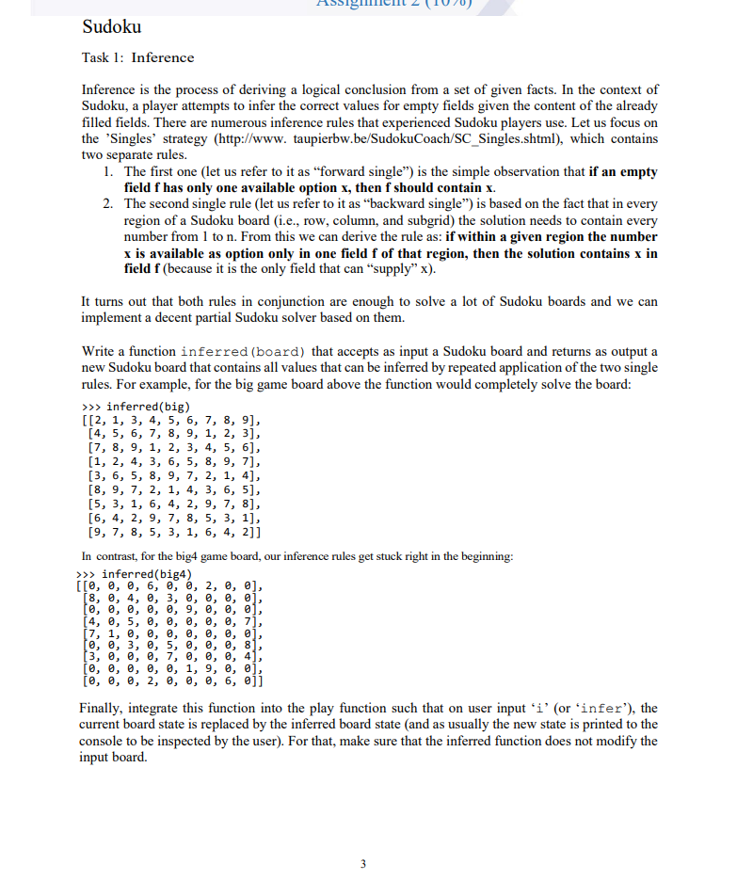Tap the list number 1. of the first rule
(108, 172)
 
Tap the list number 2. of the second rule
(108, 204)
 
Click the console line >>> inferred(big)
(125, 406)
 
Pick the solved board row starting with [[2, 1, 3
(169, 420)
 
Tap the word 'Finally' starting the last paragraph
(104, 708)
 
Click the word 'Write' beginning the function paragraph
(99, 351)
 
